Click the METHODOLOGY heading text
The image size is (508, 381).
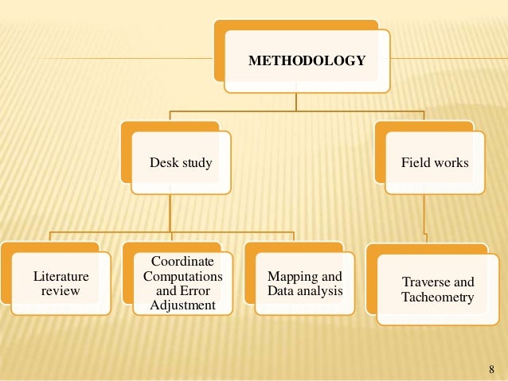point(307,60)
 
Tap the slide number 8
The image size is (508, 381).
point(490,369)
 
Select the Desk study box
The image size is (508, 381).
point(181,163)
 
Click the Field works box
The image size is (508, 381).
point(435,163)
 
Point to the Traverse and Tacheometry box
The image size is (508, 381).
point(437,290)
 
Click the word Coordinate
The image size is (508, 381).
point(182,262)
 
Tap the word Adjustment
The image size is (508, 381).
point(182,305)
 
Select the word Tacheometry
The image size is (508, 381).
point(437,298)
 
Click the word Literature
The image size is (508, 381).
point(61,277)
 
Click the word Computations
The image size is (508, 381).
point(182,276)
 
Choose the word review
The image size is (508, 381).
point(61,291)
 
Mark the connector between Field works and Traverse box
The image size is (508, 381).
point(426,223)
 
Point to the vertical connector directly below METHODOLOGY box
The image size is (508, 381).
point(296,102)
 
